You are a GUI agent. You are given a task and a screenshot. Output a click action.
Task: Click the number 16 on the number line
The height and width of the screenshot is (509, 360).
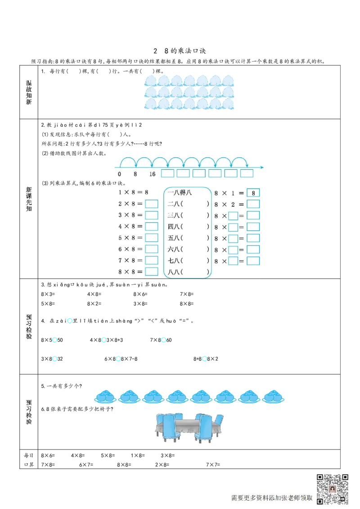152,174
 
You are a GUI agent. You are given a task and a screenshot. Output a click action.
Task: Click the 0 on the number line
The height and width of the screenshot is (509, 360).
119,174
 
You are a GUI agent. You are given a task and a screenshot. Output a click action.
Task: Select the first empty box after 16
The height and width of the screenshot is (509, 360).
167,174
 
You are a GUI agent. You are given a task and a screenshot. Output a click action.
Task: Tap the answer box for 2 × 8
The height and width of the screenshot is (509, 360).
152,204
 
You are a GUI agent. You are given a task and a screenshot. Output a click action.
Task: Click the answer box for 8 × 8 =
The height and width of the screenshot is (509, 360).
152,272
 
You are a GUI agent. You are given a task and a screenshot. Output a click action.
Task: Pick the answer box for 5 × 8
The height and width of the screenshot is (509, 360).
152,238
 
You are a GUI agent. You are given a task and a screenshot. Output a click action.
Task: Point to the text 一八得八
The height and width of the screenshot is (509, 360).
180,192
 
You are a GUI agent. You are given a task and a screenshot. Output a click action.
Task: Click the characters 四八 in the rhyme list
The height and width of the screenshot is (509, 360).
174,227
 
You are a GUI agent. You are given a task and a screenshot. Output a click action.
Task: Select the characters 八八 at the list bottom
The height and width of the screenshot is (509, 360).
174,272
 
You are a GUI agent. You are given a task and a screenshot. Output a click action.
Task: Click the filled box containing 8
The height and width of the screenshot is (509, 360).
253,193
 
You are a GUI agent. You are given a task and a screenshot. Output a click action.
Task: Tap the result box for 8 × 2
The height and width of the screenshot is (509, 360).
253,204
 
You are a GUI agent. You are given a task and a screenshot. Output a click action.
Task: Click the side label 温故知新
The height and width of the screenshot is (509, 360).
29,93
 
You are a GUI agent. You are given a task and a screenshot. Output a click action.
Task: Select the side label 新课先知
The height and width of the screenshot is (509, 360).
29,199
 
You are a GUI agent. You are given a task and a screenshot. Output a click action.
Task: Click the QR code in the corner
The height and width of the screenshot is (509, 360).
333,489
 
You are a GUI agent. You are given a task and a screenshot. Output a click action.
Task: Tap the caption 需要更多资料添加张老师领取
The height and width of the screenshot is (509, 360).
271,498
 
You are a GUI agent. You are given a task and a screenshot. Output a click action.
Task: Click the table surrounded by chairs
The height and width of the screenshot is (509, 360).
189,425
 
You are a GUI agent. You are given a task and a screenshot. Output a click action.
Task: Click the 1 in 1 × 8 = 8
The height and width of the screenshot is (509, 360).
120,192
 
